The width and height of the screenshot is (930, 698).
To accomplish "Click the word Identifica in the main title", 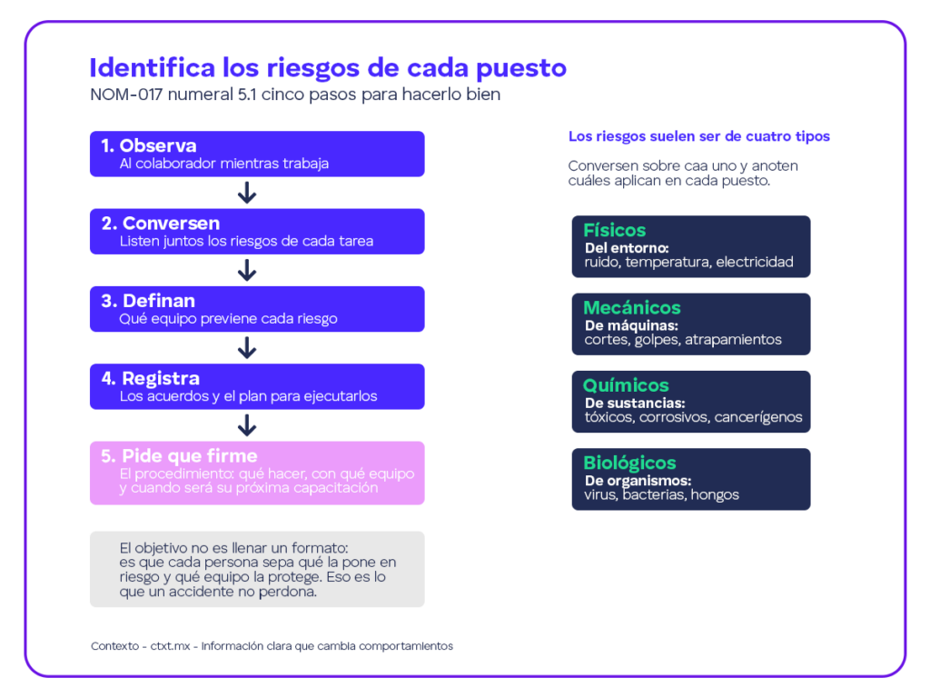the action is tap(152, 67).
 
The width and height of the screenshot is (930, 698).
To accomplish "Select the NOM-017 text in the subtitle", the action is tap(126, 95).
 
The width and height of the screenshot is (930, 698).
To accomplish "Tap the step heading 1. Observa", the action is tap(148, 145).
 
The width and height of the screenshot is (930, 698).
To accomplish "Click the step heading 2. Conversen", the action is tap(160, 224).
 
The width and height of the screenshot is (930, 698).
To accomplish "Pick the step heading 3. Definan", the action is tap(148, 301).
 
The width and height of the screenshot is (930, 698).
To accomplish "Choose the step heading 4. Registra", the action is tap(150, 378).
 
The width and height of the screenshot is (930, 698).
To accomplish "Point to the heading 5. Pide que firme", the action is tap(179, 456).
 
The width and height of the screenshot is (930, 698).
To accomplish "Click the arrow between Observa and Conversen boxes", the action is tap(247, 193).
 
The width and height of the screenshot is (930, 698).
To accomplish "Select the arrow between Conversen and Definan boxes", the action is tap(247, 270).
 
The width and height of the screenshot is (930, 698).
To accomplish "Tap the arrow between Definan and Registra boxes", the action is tap(247, 348).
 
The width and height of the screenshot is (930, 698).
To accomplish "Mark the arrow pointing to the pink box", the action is tap(247, 425).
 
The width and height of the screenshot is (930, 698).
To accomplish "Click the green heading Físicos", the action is tap(615, 230).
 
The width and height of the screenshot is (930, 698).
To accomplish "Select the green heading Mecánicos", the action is tap(632, 307).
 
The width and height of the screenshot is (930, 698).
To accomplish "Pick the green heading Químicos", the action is tap(626, 385).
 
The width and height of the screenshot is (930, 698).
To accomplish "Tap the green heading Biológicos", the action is tap(629, 463).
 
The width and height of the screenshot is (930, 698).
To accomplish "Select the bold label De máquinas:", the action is tap(631, 326).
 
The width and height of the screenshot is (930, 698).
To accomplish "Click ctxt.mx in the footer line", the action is tap(170, 646).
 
